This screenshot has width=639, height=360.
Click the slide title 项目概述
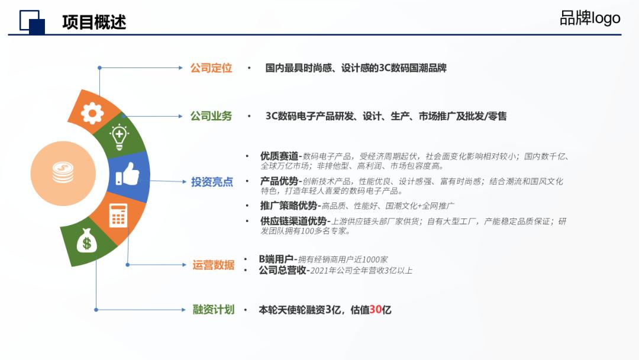(94, 22)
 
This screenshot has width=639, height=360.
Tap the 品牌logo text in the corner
(590, 18)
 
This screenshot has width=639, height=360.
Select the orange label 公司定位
(211, 68)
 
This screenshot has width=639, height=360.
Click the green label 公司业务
(211, 116)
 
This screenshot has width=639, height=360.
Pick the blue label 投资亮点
(212, 182)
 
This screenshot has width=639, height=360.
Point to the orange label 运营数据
(213, 265)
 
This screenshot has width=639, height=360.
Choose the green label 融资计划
(213, 309)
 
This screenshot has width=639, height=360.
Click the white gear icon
(92, 112)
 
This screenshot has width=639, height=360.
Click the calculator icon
(118, 216)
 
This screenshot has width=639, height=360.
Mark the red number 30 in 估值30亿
(376, 310)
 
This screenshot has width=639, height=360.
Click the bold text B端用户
(276, 259)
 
